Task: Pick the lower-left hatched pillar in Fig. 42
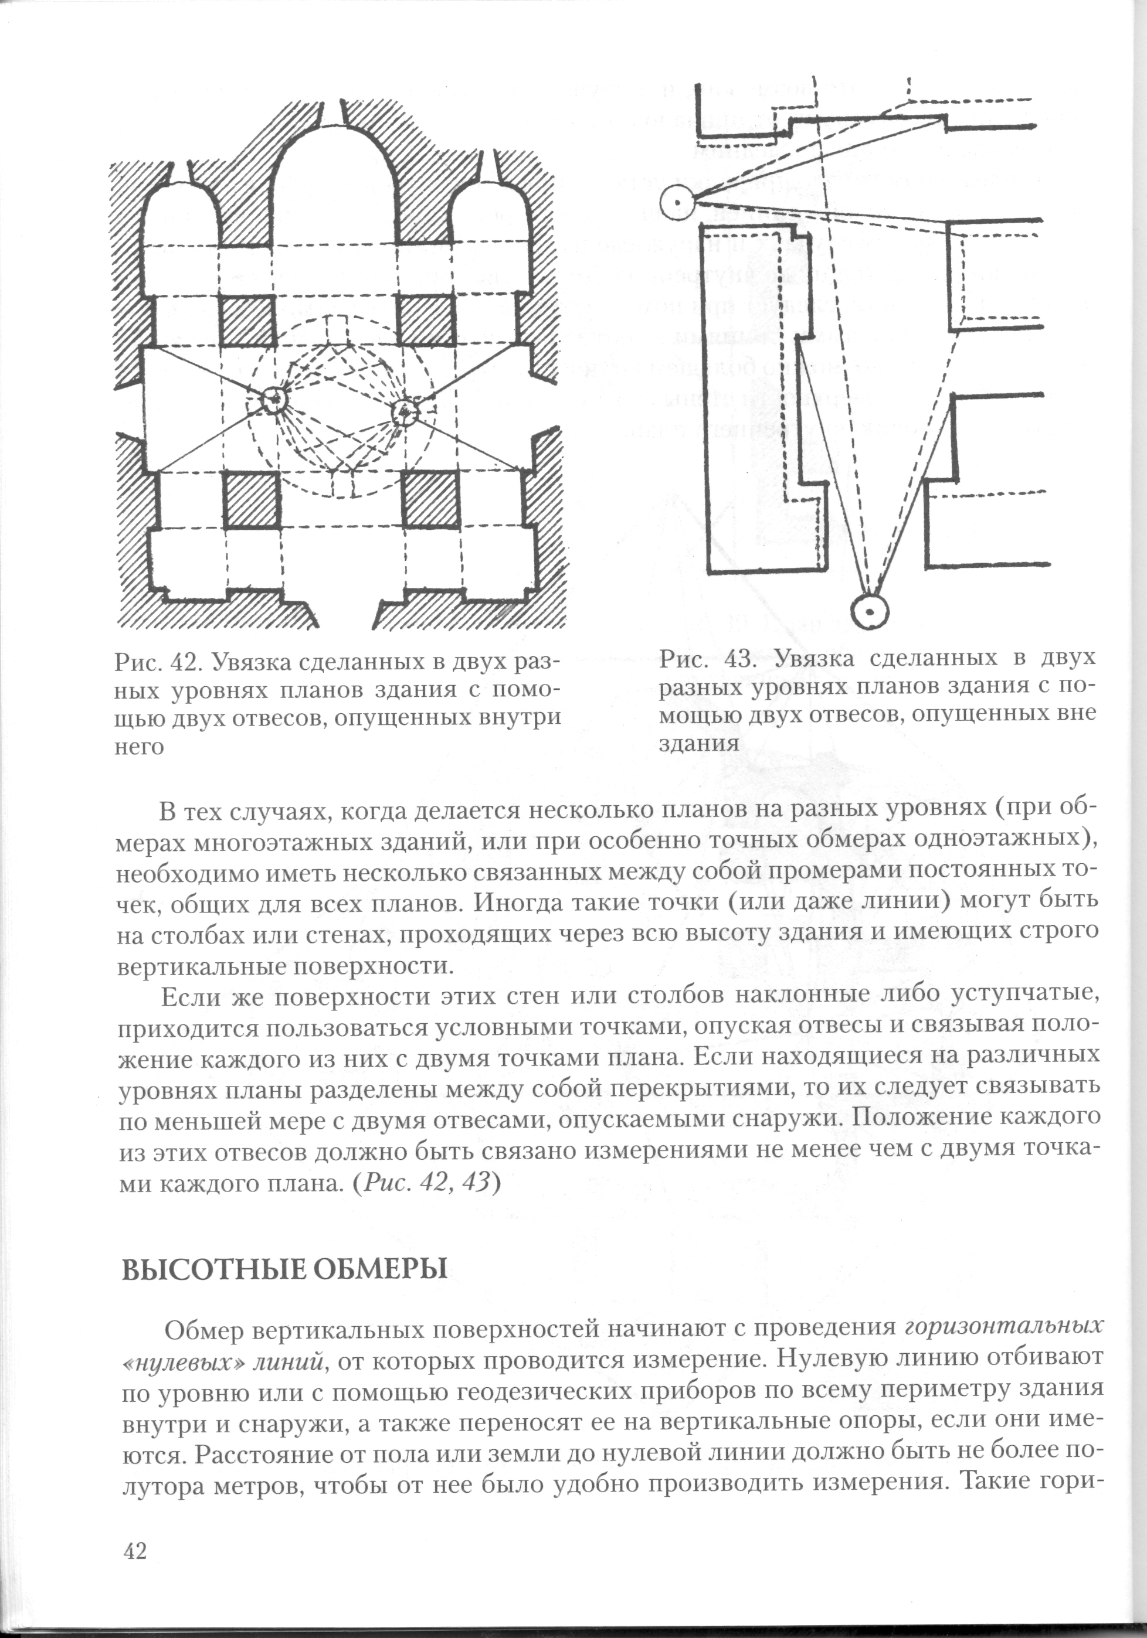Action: [x=250, y=499]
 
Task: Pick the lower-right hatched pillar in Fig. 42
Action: [x=431, y=499]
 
